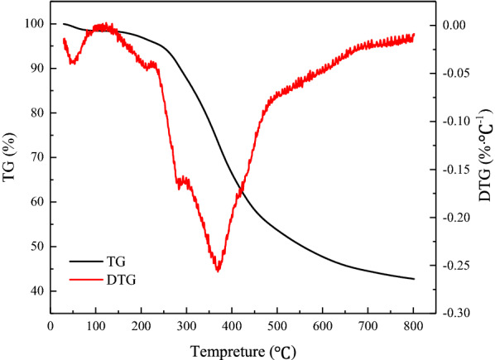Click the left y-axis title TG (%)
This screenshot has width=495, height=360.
pos(11,168)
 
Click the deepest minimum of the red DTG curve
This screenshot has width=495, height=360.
pos(218,270)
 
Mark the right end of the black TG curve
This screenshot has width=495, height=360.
pos(414,279)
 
